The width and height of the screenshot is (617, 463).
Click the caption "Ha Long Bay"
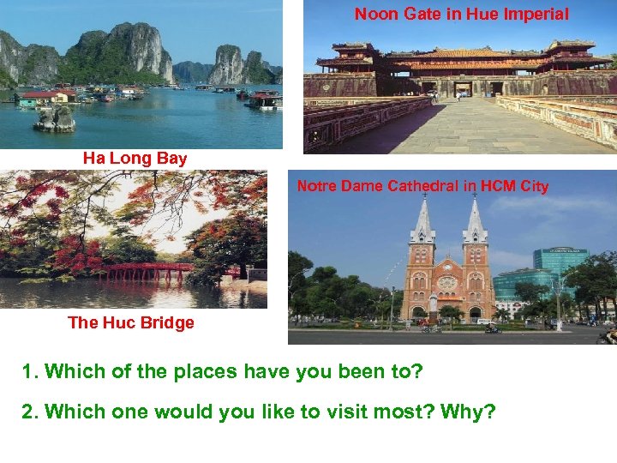pos(135,158)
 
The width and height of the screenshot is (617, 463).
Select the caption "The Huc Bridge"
pos(130,322)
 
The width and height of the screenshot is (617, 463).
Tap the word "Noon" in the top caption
pos(374,14)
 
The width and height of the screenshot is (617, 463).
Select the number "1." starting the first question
pos(31,372)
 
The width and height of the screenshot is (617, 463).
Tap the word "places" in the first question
pos(206,372)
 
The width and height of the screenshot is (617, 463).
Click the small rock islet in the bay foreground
pos(55,117)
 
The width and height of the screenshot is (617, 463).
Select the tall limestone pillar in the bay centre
pos(228,65)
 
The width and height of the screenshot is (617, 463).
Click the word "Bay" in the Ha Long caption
pos(171,158)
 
